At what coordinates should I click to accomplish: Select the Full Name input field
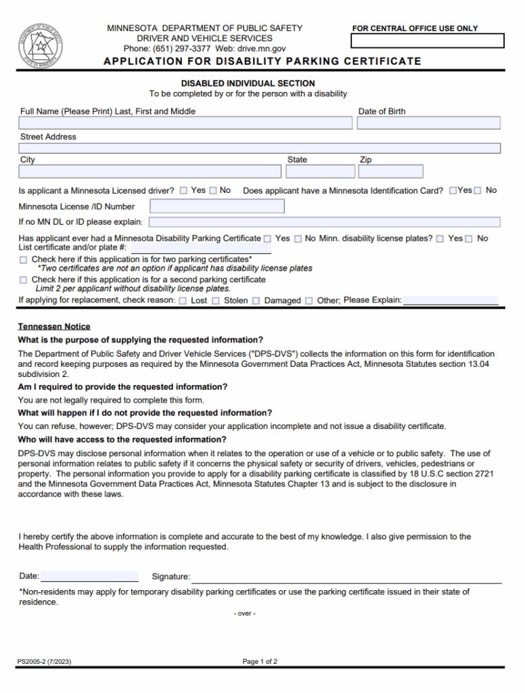(186, 123)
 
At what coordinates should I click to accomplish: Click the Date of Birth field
(428, 123)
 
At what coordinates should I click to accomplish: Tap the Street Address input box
(260, 148)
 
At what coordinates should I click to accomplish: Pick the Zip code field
(391, 171)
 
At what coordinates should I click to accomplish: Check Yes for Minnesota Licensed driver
(184, 191)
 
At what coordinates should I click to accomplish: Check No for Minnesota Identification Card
(478, 191)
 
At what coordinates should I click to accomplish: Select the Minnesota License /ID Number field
(217, 206)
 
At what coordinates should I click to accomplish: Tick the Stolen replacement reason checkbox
(216, 300)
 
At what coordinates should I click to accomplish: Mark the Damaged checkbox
(256, 300)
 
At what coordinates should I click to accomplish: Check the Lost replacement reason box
(183, 300)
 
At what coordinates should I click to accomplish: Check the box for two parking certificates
(24, 259)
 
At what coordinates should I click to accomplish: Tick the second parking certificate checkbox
(24, 280)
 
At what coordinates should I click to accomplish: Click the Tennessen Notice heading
(54, 326)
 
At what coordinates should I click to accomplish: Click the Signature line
(346, 577)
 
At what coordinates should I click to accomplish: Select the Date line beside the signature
(89, 577)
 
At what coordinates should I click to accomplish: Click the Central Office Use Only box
(427, 41)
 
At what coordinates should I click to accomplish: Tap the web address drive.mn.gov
(261, 49)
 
